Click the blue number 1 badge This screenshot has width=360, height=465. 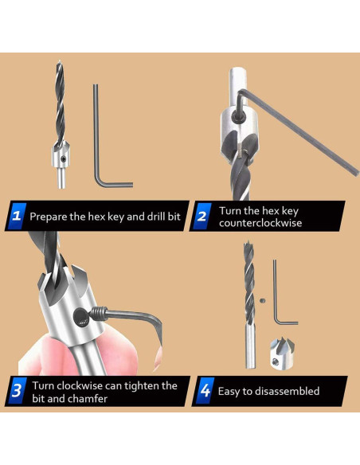pos(16,216)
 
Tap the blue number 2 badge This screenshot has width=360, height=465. pos(202,216)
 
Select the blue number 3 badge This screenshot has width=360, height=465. pos(17,391)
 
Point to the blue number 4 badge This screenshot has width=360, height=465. pos(205,391)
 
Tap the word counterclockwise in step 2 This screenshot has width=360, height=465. pos(260,223)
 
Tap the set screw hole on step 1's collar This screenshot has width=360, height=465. pos(64,159)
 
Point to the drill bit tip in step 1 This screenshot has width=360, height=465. pos(60,61)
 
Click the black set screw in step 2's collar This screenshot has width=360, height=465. pos(238,116)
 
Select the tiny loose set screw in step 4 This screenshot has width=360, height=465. pos(263,301)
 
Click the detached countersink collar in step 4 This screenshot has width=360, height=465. pos(282,354)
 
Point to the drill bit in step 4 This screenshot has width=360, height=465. pos(249,305)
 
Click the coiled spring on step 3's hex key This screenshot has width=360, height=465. pos(99,314)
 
